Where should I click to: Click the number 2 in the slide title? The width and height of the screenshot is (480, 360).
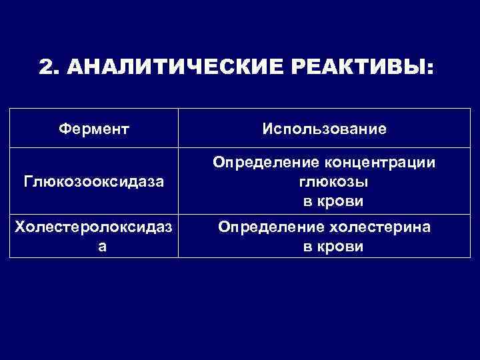tap(46, 68)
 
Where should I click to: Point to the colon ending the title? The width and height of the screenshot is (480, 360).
tap(429, 69)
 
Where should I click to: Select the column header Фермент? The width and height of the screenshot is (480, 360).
tap(93, 128)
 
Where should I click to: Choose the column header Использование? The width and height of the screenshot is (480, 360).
tap(323, 128)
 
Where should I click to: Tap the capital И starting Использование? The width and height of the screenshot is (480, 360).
tap(269, 128)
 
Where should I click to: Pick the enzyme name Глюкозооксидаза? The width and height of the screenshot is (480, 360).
tap(93, 181)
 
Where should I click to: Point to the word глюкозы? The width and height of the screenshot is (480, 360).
tap(323, 181)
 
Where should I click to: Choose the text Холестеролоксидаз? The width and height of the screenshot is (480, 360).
tap(93, 228)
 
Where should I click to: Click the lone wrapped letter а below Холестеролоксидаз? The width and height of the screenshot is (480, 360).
tap(93, 247)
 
